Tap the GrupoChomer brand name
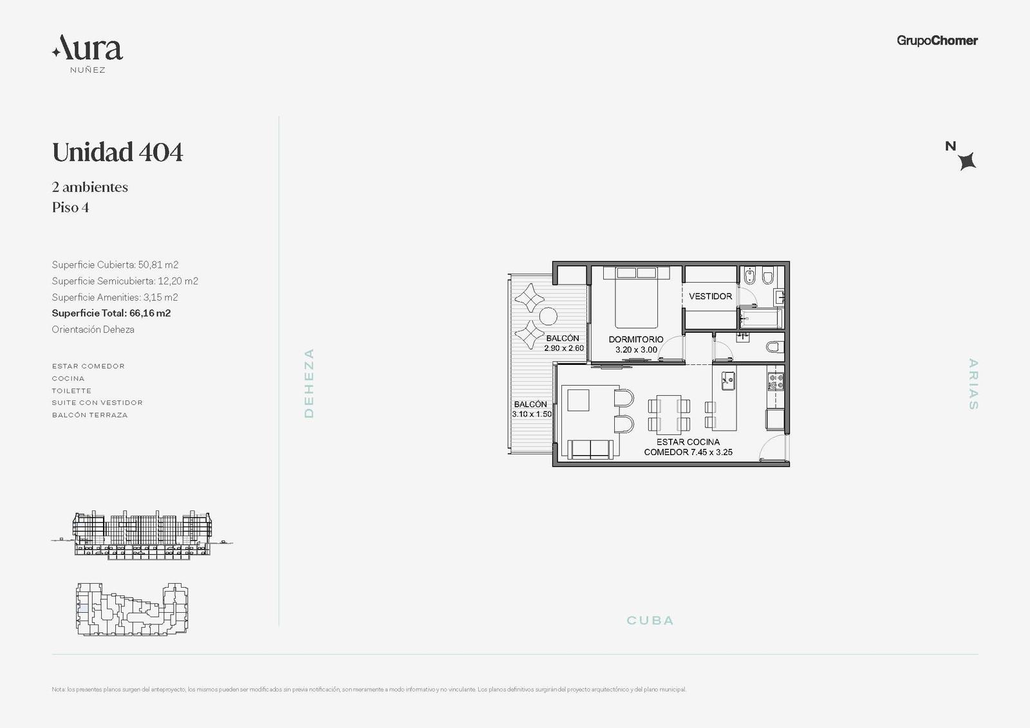[x=937, y=41]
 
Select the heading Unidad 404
[x=117, y=152]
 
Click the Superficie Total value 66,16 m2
[x=150, y=313]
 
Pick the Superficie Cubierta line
[x=115, y=265]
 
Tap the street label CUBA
[x=650, y=621]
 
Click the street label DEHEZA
[x=309, y=383]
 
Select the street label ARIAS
[x=973, y=384]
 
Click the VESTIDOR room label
[x=710, y=297]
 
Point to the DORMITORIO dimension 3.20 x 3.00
[x=636, y=350]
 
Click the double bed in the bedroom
[x=637, y=297]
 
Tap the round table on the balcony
[x=548, y=317]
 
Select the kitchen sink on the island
[x=728, y=381]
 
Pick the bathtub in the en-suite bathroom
[x=760, y=318]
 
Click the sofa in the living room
[x=590, y=449]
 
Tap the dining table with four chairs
[x=669, y=415]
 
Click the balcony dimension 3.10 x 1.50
[x=532, y=415]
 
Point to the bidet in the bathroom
[x=749, y=276]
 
